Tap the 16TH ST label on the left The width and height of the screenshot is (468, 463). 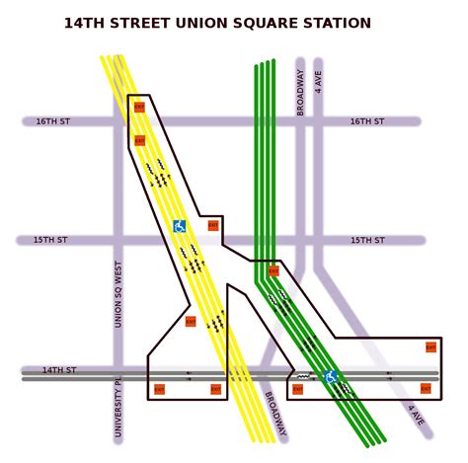click(x=53, y=121)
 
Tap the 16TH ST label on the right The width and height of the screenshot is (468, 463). click(x=367, y=121)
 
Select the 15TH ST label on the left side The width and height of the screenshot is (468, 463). click(x=50, y=240)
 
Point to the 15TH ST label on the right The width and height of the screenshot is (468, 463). click(x=367, y=240)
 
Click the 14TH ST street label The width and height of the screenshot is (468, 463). click(x=58, y=370)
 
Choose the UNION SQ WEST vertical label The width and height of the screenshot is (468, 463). click(x=118, y=294)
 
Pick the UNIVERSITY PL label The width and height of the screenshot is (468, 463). click(x=118, y=407)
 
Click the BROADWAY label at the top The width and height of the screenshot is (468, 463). click(x=300, y=94)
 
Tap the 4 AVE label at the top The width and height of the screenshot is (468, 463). click(x=318, y=81)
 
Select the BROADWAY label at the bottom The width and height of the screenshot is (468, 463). click(x=276, y=416)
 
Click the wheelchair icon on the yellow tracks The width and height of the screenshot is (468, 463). click(x=180, y=226)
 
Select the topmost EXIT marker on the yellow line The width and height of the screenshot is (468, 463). click(x=139, y=107)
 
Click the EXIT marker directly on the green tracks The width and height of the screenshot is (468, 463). click(x=273, y=270)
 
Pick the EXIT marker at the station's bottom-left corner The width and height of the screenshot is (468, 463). click(x=159, y=389)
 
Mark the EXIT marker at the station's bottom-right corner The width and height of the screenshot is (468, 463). click(x=427, y=389)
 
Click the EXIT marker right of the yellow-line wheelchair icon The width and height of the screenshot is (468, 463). click(x=212, y=225)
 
